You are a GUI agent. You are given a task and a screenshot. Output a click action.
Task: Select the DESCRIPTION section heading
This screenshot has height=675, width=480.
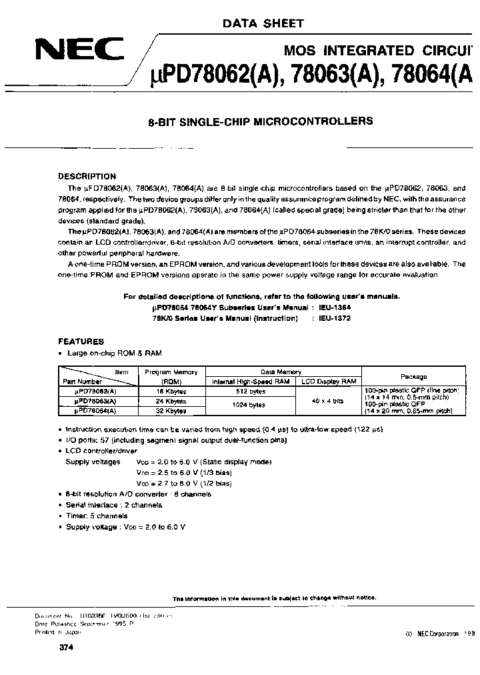coord(87,177)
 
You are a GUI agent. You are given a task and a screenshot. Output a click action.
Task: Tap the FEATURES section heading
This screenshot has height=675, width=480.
coord(81,341)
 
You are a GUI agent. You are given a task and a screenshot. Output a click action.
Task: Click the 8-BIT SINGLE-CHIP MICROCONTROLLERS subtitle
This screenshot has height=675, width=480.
coord(259,121)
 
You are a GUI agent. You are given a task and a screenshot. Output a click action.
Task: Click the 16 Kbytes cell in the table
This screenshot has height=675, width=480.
coord(176,392)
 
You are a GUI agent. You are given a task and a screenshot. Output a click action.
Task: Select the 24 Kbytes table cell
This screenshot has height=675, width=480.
coord(176,402)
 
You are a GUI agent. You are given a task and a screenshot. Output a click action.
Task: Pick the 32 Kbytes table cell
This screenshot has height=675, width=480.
coord(176,412)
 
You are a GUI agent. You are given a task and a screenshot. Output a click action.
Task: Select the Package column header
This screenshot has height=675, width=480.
coord(413,376)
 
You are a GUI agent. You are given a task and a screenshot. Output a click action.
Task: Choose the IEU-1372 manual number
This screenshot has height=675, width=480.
coord(335,318)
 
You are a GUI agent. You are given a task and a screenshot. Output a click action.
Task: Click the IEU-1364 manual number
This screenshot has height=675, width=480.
coord(335,307)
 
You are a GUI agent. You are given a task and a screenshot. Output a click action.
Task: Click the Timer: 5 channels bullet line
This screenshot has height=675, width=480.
coord(97,516)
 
